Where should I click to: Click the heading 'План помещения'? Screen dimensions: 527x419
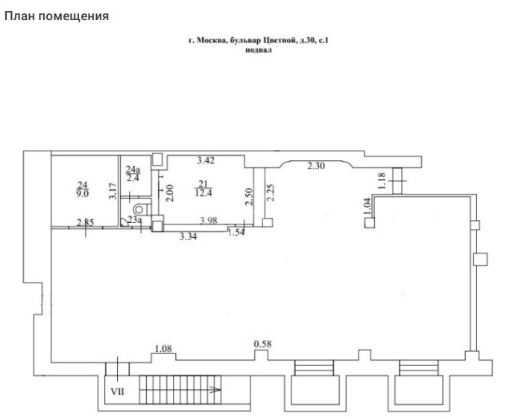click(57, 16)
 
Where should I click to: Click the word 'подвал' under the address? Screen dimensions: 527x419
click(258, 51)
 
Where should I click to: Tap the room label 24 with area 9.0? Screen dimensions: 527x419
click(82, 189)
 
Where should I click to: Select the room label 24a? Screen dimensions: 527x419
click(133, 169)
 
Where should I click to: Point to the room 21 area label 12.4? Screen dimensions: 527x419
click(203, 193)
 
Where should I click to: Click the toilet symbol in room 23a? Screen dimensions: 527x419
click(141, 209)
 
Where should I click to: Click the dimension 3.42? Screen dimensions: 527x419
click(205, 160)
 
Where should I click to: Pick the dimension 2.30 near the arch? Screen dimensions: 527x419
click(316, 166)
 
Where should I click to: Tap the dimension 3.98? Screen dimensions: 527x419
click(209, 221)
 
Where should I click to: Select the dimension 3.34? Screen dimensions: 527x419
click(188, 236)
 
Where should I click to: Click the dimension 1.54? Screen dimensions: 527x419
click(236, 232)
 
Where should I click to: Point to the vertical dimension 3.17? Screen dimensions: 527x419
click(113, 191)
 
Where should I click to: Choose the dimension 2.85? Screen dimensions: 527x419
click(86, 222)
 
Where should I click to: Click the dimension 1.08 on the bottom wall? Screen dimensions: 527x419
click(163, 349)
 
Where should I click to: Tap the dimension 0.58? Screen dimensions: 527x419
click(262, 344)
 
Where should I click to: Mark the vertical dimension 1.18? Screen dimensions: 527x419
click(382, 180)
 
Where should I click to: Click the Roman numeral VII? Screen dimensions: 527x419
click(118, 391)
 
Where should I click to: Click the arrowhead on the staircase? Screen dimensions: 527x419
click(216, 390)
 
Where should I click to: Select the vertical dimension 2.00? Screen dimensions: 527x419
click(170, 193)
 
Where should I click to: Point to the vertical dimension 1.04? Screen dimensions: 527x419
click(367, 207)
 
